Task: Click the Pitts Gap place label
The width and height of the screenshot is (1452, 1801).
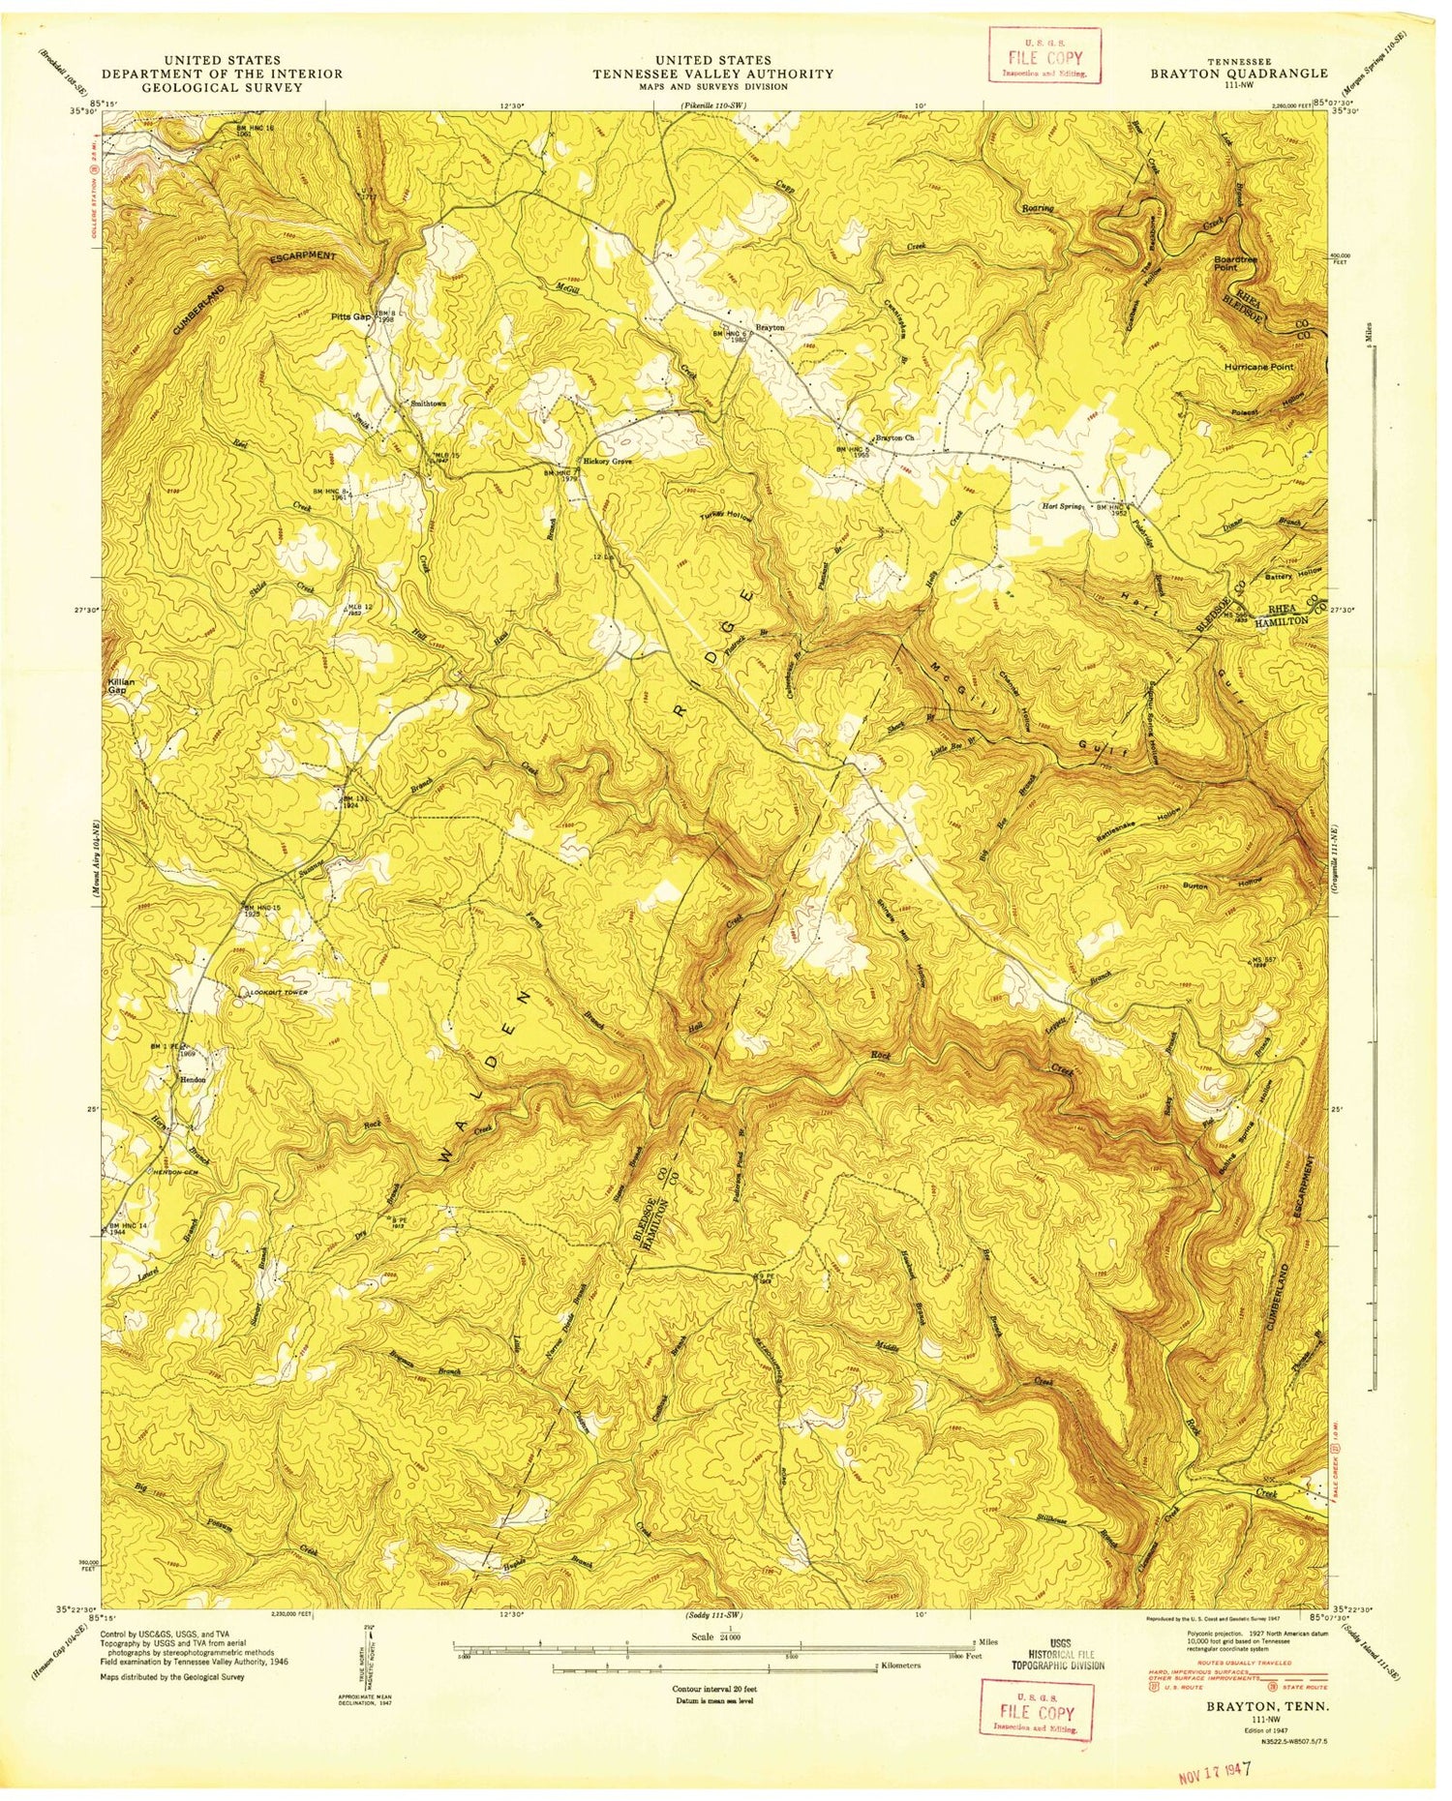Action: pos(349,316)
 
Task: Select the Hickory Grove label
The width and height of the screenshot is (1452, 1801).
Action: pos(607,462)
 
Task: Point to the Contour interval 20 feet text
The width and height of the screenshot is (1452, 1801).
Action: pos(715,1688)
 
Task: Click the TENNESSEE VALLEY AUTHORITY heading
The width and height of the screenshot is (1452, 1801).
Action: pos(713,74)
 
